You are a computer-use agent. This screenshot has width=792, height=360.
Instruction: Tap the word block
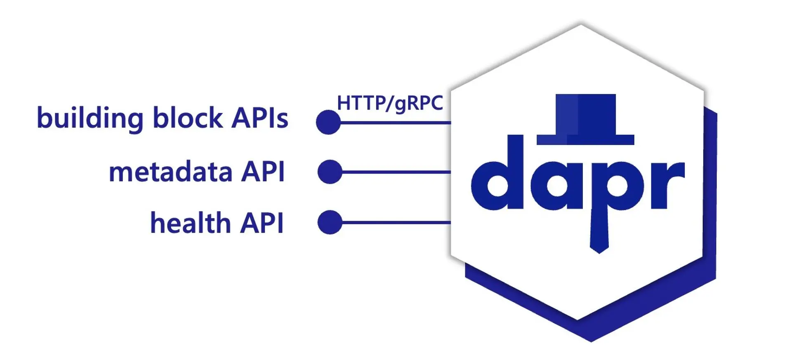coord(188,118)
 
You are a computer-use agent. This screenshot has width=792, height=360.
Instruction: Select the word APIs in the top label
coord(259,118)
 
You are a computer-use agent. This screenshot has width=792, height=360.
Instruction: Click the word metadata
coord(170,172)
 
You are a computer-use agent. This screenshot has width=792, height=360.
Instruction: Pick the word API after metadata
coord(263,172)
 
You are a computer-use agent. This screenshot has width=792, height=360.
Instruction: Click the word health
coord(190,223)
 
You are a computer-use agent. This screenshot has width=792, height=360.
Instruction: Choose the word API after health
coord(262,223)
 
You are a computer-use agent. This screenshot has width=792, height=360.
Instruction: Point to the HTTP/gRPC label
coord(390,103)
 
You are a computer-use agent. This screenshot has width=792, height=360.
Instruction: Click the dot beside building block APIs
coord(328,122)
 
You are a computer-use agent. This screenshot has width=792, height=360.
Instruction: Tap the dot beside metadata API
coord(330,172)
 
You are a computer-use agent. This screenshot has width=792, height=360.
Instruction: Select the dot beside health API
coord(330,222)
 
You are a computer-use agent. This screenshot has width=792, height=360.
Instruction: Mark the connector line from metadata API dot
coord(396,172)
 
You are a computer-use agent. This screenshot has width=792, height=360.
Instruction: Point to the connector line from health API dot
coord(396,222)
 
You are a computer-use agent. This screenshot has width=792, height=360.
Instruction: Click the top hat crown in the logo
coord(586,113)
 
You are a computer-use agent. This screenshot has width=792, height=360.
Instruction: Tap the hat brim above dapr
coord(585,140)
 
